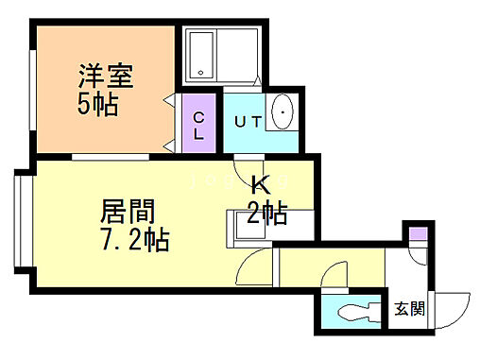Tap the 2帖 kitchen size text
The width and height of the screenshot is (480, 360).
[266, 213]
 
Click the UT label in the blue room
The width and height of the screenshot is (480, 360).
[247, 121]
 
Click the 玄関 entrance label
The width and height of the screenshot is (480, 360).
[409, 308]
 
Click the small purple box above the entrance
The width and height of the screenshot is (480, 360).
[416, 234]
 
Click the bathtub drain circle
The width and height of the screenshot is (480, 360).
[199, 72]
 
